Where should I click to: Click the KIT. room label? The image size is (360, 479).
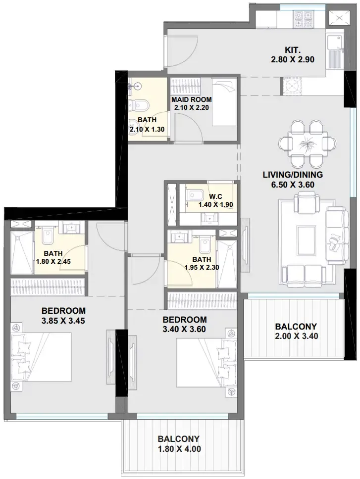293,50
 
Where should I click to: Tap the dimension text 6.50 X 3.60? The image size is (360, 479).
293,185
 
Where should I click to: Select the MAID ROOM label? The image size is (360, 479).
191,99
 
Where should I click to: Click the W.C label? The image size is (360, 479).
215,196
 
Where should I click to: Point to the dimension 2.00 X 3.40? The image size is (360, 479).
296,336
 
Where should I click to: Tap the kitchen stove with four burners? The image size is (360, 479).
303,19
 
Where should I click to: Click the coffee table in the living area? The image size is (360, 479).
306,236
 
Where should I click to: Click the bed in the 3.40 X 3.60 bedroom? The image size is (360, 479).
206,363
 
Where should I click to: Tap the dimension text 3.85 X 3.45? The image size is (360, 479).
63,321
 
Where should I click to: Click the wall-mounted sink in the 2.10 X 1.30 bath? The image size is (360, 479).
135,87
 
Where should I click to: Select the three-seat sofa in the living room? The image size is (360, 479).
337,235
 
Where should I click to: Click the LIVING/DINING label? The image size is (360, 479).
293,175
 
